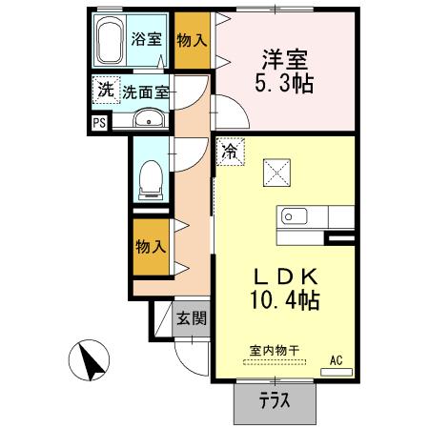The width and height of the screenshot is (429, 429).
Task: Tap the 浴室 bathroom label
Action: [x=148, y=41]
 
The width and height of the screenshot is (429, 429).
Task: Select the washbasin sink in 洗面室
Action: [x=149, y=118]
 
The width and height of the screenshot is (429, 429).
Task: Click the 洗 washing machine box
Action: [x=104, y=92]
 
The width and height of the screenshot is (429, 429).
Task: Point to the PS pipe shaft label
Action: [x=99, y=122]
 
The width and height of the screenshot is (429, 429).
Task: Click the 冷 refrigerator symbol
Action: [x=231, y=150]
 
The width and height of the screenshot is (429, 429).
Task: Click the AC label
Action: [x=336, y=360]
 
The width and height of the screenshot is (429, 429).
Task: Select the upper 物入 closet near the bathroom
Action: [x=191, y=41]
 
